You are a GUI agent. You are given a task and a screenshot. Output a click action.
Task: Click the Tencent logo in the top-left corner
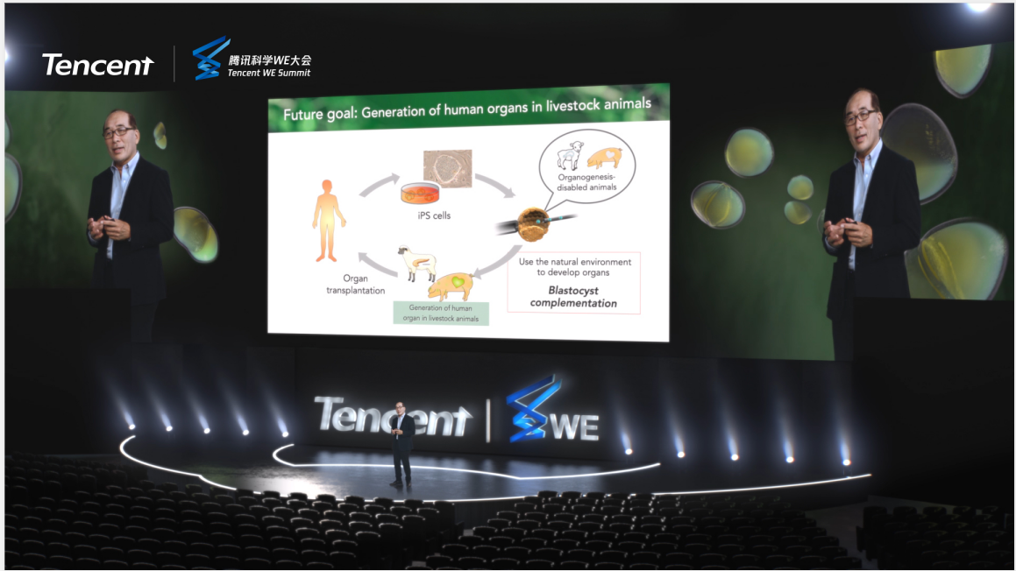pos(98,65)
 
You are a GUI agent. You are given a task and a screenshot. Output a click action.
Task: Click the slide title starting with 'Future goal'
pos(467,109)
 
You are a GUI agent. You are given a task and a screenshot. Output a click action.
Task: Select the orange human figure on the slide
pos(329,221)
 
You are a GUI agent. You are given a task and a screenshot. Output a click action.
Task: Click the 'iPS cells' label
pos(433,215)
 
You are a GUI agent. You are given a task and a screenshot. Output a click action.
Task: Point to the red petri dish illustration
pos(421,194)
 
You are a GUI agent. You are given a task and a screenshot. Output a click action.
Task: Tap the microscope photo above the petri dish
pos(448,168)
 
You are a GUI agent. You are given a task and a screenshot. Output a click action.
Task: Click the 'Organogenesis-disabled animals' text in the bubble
pos(586,182)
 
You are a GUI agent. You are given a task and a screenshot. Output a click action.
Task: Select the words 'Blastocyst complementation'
pos(573,297)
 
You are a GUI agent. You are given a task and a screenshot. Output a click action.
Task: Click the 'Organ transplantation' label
pos(355,285)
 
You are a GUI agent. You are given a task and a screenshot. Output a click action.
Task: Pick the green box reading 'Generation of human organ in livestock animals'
pos(441,314)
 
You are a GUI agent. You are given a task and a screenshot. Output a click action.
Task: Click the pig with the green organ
pos(451,285)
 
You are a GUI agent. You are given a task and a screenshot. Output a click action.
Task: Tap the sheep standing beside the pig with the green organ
pos(416,262)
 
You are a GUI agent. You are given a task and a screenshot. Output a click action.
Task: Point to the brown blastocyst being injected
pos(533,224)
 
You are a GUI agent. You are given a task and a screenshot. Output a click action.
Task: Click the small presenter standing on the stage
pos(401,443)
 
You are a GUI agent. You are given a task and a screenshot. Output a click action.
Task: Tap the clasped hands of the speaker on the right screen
pos(841,231)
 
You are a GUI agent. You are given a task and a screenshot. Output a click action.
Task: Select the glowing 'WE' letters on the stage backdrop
pos(575,427)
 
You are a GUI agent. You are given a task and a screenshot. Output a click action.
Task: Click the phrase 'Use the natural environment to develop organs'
pos(575,267)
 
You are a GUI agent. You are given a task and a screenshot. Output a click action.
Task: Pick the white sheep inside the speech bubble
pos(570,155)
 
